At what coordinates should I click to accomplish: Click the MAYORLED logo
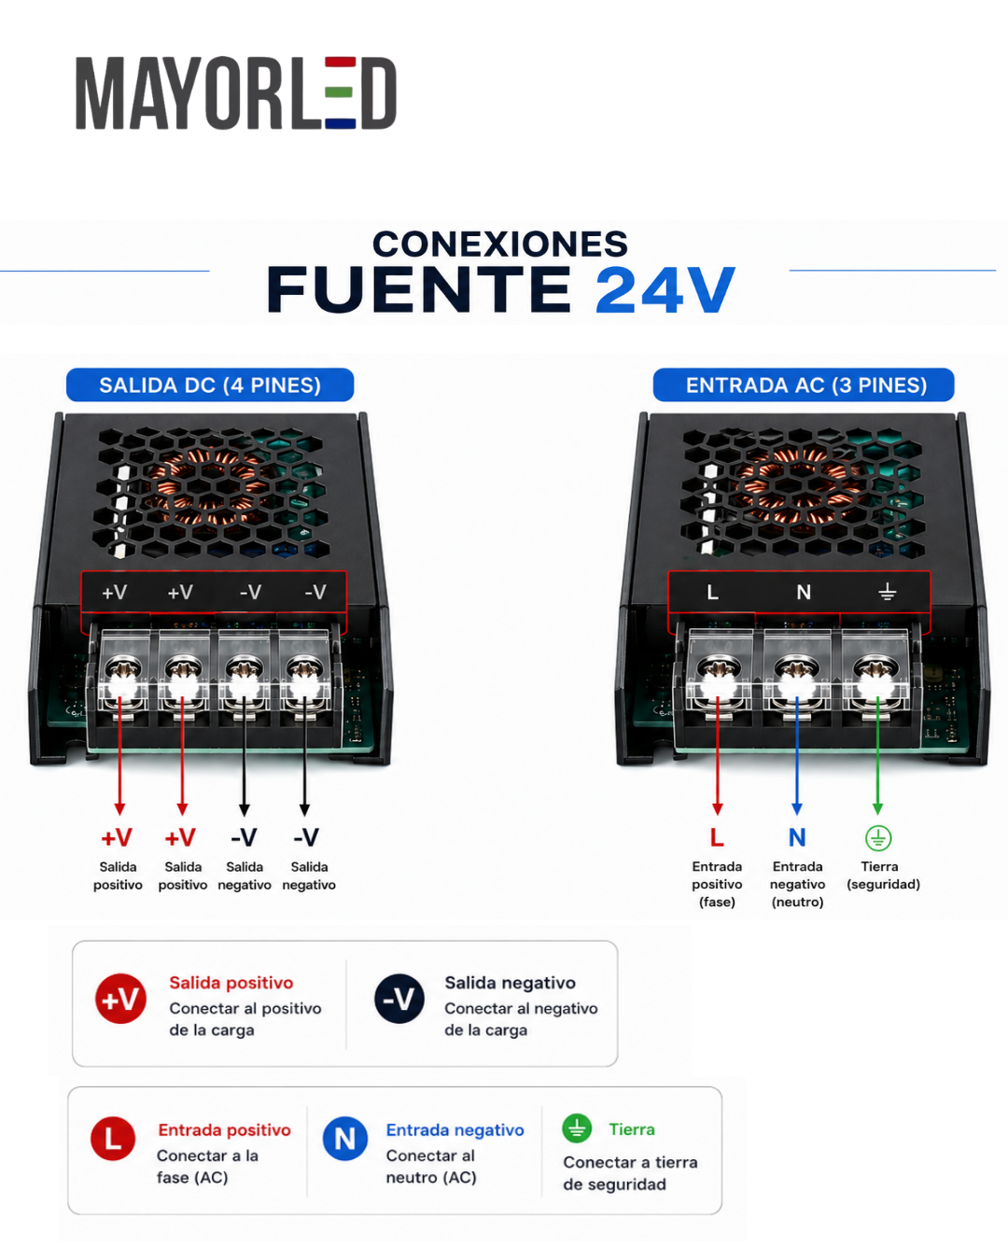tap(236, 92)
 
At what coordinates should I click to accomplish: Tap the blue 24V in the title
tap(665, 290)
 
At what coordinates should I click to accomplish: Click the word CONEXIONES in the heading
tap(499, 244)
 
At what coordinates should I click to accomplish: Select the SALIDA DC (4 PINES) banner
tap(210, 385)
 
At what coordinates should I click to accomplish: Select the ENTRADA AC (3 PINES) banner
tap(803, 385)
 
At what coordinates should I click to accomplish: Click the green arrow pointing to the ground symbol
tap(877, 755)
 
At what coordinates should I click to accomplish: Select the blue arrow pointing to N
tap(796, 755)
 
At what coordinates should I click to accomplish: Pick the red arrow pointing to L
tap(718, 755)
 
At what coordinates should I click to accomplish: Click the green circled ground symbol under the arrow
tap(878, 838)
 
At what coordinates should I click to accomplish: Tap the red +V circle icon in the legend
tap(120, 999)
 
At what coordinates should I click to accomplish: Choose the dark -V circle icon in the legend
tap(399, 999)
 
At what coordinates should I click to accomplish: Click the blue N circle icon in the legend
tap(345, 1139)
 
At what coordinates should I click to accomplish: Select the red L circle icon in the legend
tap(113, 1139)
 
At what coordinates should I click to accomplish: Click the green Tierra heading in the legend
tap(631, 1129)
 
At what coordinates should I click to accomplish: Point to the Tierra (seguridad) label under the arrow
tap(883, 875)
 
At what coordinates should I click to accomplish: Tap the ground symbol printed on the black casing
tap(888, 592)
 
